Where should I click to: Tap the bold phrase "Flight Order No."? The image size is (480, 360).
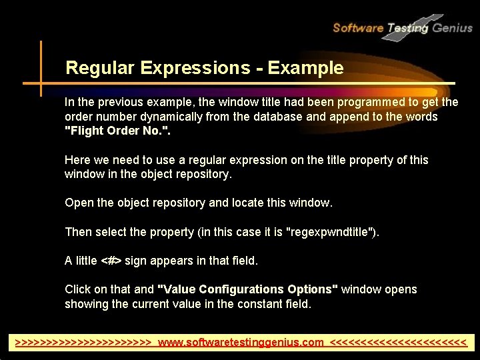pyautogui.click(x=117, y=131)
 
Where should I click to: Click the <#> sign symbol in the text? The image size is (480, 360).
pyautogui.click(x=111, y=261)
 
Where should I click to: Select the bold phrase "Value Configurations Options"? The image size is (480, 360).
pyautogui.click(x=247, y=289)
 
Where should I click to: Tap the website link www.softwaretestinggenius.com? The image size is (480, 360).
pyautogui.click(x=241, y=343)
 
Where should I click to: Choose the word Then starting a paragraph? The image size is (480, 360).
pyautogui.click(x=79, y=232)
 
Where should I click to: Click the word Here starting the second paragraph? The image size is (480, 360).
pyautogui.click(x=77, y=160)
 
